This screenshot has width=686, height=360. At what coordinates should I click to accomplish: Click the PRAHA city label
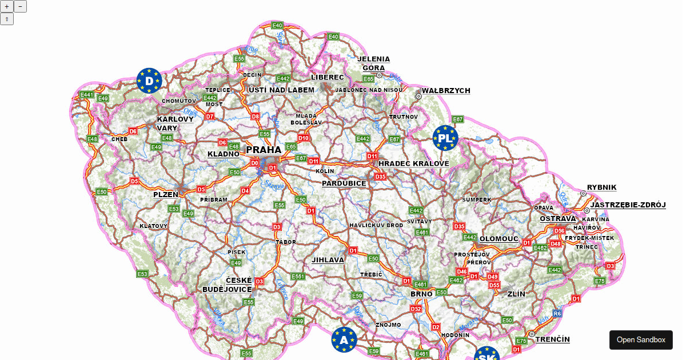264,150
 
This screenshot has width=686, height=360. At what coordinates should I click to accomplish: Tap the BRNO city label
421,294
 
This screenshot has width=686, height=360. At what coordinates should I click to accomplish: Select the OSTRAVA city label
557,218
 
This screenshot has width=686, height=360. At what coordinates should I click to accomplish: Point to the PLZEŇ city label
166,194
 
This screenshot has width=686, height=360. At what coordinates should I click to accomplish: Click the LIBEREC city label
328,77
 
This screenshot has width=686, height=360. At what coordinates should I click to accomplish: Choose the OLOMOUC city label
499,239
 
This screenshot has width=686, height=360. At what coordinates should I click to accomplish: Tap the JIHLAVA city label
328,259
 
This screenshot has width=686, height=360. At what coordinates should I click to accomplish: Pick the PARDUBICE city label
344,183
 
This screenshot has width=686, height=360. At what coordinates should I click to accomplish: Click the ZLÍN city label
516,294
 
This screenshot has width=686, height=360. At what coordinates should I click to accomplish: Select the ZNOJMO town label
389,325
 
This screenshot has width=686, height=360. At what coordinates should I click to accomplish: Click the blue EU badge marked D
149,81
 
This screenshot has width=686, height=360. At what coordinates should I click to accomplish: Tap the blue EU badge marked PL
445,138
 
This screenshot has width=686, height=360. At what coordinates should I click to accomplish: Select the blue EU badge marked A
344,339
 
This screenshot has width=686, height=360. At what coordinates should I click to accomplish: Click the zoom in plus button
7,6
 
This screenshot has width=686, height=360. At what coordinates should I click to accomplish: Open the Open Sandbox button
641,339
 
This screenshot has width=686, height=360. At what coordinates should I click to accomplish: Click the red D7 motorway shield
210,117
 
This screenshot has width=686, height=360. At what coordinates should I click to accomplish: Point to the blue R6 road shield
557,313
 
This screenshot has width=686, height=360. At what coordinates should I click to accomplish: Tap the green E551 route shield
298,277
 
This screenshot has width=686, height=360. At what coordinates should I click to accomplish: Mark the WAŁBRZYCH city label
446,90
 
